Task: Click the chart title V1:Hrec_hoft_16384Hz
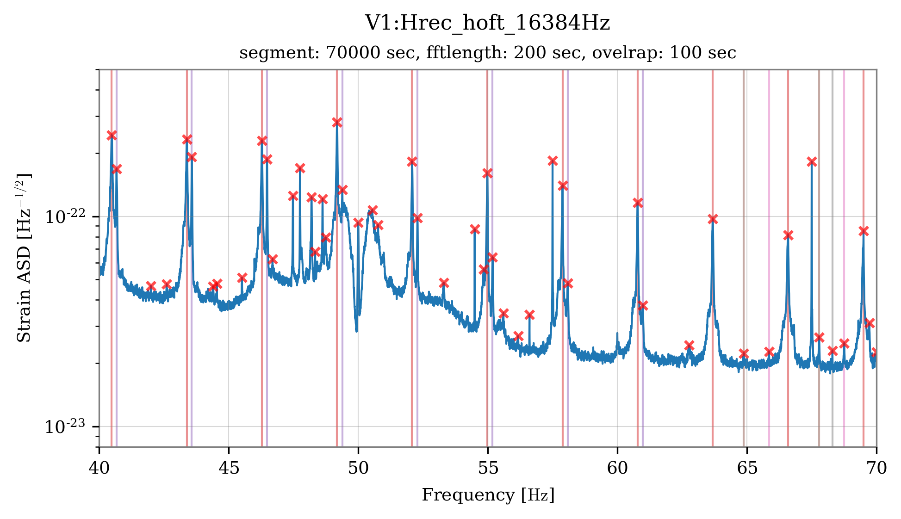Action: pyautogui.click(x=487, y=23)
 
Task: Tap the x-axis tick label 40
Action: pyautogui.click(x=99, y=468)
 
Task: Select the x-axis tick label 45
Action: pyautogui.click(x=228, y=468)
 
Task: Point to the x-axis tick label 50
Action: pyautogui.click(x=358, y=468)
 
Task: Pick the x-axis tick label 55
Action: pyautogui.click(x=487, y=468)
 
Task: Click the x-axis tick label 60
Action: pyautogui.click(x=617, y=468)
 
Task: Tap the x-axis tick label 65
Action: pyautogui.click(x=746, y=468)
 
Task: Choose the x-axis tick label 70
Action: pyautogui.click(x=876, y=468)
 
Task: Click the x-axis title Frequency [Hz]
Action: pyautogui.click(x=487, y=495)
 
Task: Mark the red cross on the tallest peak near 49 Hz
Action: pyautogui.click(x=337, y=122)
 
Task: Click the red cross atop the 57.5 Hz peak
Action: pyautogui.click(x=553, y=161)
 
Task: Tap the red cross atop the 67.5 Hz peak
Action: pyautogui.click(x=811, y=161)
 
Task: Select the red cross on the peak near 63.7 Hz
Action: pyautogui.click(x=713, y=219)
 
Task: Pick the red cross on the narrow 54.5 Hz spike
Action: pyautogui.click(x=475, y=229)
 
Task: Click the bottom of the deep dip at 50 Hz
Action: pyautogui.click(x=356, y=330)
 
